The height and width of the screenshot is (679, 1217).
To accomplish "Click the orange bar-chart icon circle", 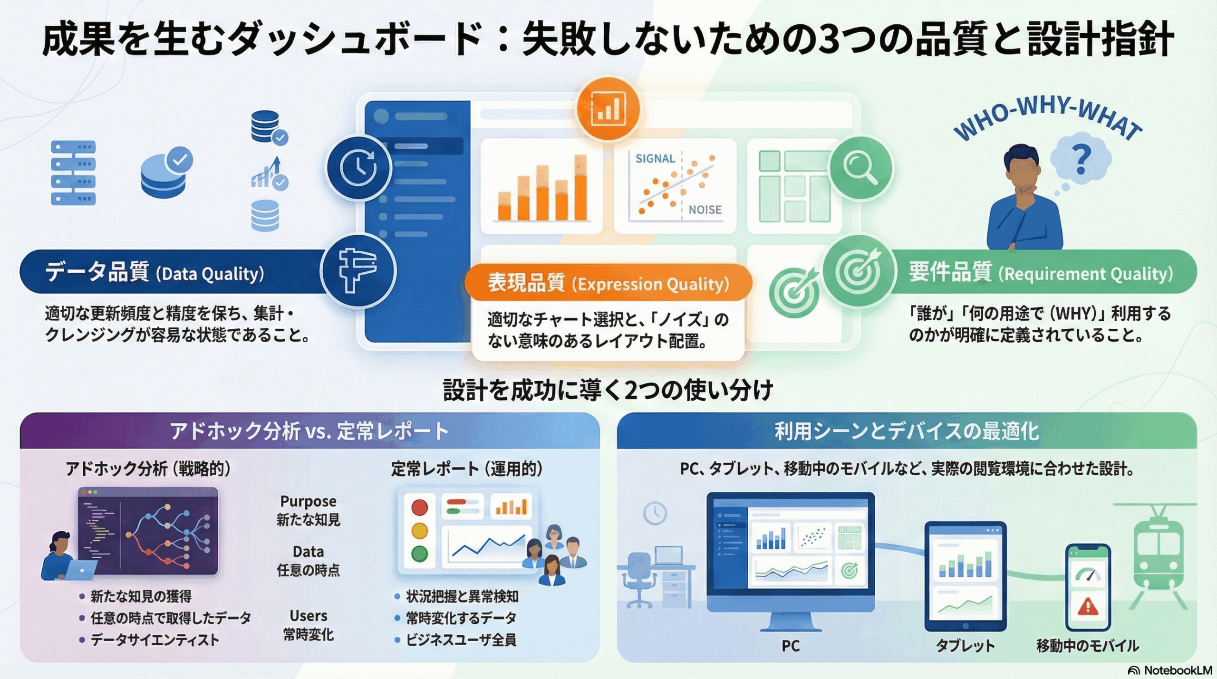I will (x=608, y=109).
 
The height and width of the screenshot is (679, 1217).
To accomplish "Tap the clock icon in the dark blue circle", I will (x=359, y=168).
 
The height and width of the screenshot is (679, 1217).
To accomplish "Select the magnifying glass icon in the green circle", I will (x=860, y=168).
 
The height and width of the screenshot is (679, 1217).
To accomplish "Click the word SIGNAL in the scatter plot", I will (x=655, y=159).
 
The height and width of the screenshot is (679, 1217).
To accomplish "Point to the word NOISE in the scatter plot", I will (x=705, y=210).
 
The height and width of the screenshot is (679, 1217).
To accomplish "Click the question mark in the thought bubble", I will (x=1081, y=160).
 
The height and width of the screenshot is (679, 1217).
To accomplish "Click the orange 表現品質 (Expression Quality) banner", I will (x=608, y=283).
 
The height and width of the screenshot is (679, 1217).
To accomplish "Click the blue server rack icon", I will (x=73, y=172).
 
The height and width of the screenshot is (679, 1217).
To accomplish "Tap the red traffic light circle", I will (x=419, y=507).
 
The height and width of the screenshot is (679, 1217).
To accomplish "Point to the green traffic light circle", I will (x=419, y=554).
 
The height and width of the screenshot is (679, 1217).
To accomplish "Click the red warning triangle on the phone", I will (x=1088, y=607).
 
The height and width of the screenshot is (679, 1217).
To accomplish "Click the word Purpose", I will (x=308, y=501).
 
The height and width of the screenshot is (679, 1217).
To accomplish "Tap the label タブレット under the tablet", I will (x=965, y=645).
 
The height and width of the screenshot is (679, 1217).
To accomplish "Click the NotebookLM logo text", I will (x=1177, y=670).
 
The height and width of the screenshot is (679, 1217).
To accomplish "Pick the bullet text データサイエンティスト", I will (x=155, y=640).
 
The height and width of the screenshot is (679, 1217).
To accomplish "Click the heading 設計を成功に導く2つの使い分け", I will (x=608, y=390).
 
